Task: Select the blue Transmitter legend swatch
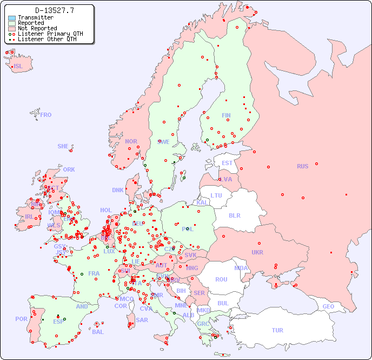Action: click(12, 18)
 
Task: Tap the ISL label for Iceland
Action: click(18, 67)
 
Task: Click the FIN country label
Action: click(226, 115)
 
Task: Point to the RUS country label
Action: click(302, 166)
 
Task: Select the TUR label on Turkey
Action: click(277, 330)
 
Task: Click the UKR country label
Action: click(257, 252)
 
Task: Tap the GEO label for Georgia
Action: click(328, 306)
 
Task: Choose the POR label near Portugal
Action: click(21, 319)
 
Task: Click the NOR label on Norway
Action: click(131, 141)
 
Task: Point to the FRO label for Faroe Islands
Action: click(46, 115)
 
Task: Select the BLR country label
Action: click(234, 215)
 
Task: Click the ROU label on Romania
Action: click(221, 279)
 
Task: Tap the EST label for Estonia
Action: click(227, 163)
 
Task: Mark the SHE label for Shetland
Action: click(63, 146)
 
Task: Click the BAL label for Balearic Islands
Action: click(97, 332)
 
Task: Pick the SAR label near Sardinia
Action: click(142, 320)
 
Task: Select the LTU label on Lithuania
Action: click(216, 195)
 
